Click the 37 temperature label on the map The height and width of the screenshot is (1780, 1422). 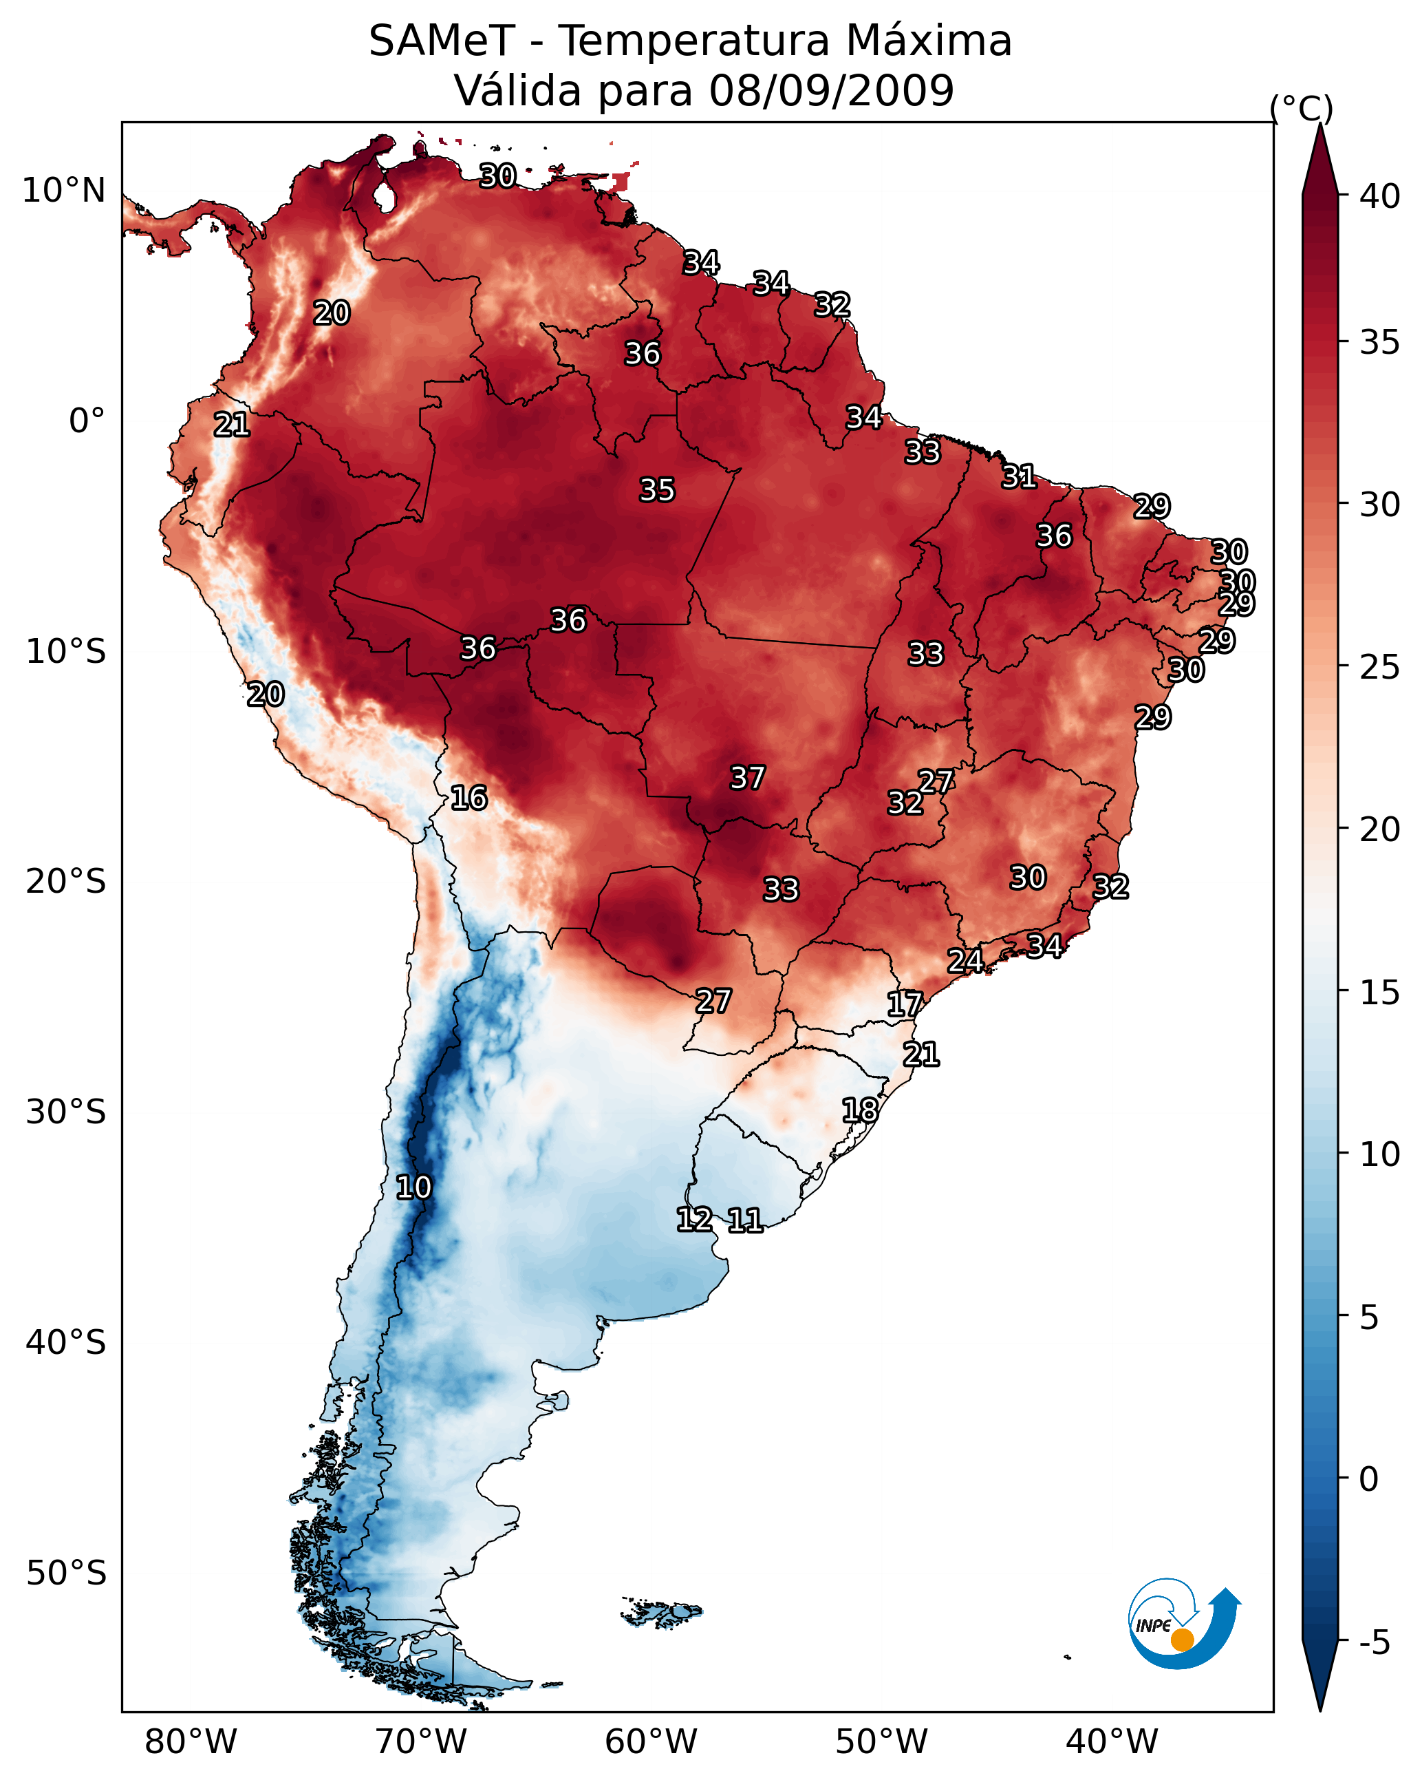click(x=747, y=778)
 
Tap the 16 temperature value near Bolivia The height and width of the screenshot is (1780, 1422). click(x=468, y=798)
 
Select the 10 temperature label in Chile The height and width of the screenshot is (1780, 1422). click(x=413, y=1187)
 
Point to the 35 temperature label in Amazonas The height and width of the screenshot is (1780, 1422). click(x=657, y=489)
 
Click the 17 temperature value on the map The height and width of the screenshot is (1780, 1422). click(x=905, y=1004)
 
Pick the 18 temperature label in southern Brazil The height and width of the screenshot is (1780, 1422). click(x=860, y=1110)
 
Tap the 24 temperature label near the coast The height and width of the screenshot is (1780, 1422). click(x=965, y=960)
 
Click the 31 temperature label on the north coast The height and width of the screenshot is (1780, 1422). click(x=1020, y=476)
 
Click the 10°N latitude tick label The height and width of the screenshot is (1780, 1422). click(x=63, y=191)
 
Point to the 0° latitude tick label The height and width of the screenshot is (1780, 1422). click(x=87, y=421)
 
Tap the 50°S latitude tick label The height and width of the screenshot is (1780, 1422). click(x=66, y=1574)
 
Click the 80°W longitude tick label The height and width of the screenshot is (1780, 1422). click(x=191, y=1742)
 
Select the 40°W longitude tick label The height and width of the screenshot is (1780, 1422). click(x=1112, y=1742)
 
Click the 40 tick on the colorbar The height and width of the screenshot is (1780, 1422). click(x=1380, y=196)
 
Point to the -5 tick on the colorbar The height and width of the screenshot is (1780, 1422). click(x=1377, y=1643)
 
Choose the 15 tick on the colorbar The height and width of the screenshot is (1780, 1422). click(x=1380, y=993)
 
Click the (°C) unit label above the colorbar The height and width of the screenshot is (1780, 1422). click(x=1302, y=107)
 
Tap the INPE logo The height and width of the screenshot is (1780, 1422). click(x=1183, y=1624)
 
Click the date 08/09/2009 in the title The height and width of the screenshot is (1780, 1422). click(x=831, y=91)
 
